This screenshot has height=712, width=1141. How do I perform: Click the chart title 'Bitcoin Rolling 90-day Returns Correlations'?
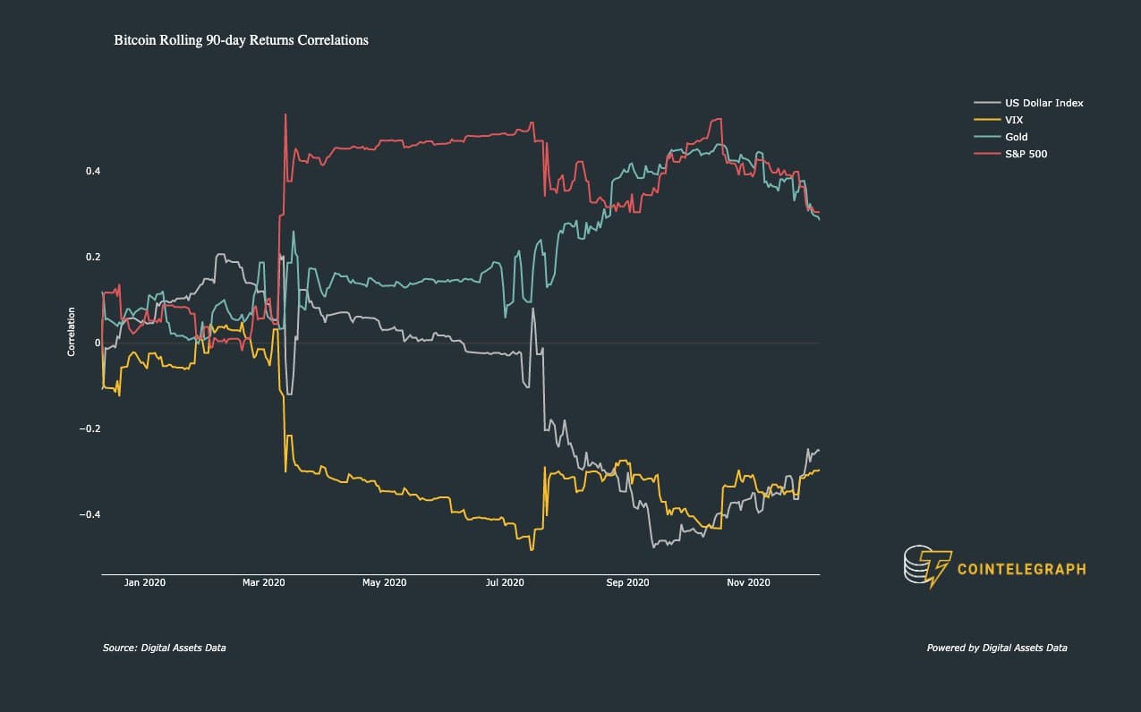[x=241, y=40]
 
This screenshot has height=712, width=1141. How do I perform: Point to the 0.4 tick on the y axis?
[x=93, y=171]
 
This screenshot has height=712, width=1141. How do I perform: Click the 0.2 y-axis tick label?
[x=93, y=257]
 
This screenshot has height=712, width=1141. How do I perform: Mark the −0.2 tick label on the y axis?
[x=89, y=428]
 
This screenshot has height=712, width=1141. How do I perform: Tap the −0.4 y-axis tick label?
[x=89, y=514]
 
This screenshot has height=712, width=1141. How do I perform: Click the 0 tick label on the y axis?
[x=98, y=343]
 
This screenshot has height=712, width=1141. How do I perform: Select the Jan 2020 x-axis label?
[x=145, y=582]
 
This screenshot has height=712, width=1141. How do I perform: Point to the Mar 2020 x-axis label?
[x=263, y=582]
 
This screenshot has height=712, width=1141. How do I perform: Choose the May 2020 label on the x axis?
[x=384, y=582]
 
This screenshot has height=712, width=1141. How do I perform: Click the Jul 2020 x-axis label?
[x=505, y=582]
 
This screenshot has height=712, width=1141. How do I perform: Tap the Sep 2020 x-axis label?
[x=627, y=582]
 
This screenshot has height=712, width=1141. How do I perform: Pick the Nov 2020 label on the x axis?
[x=748, y=582]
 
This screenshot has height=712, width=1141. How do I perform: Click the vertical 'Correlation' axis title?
[x=72, y=332]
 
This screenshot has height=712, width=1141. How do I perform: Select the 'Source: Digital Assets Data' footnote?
[x=164, y=648]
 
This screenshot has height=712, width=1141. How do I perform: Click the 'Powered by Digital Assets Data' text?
[x=997, y=648]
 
